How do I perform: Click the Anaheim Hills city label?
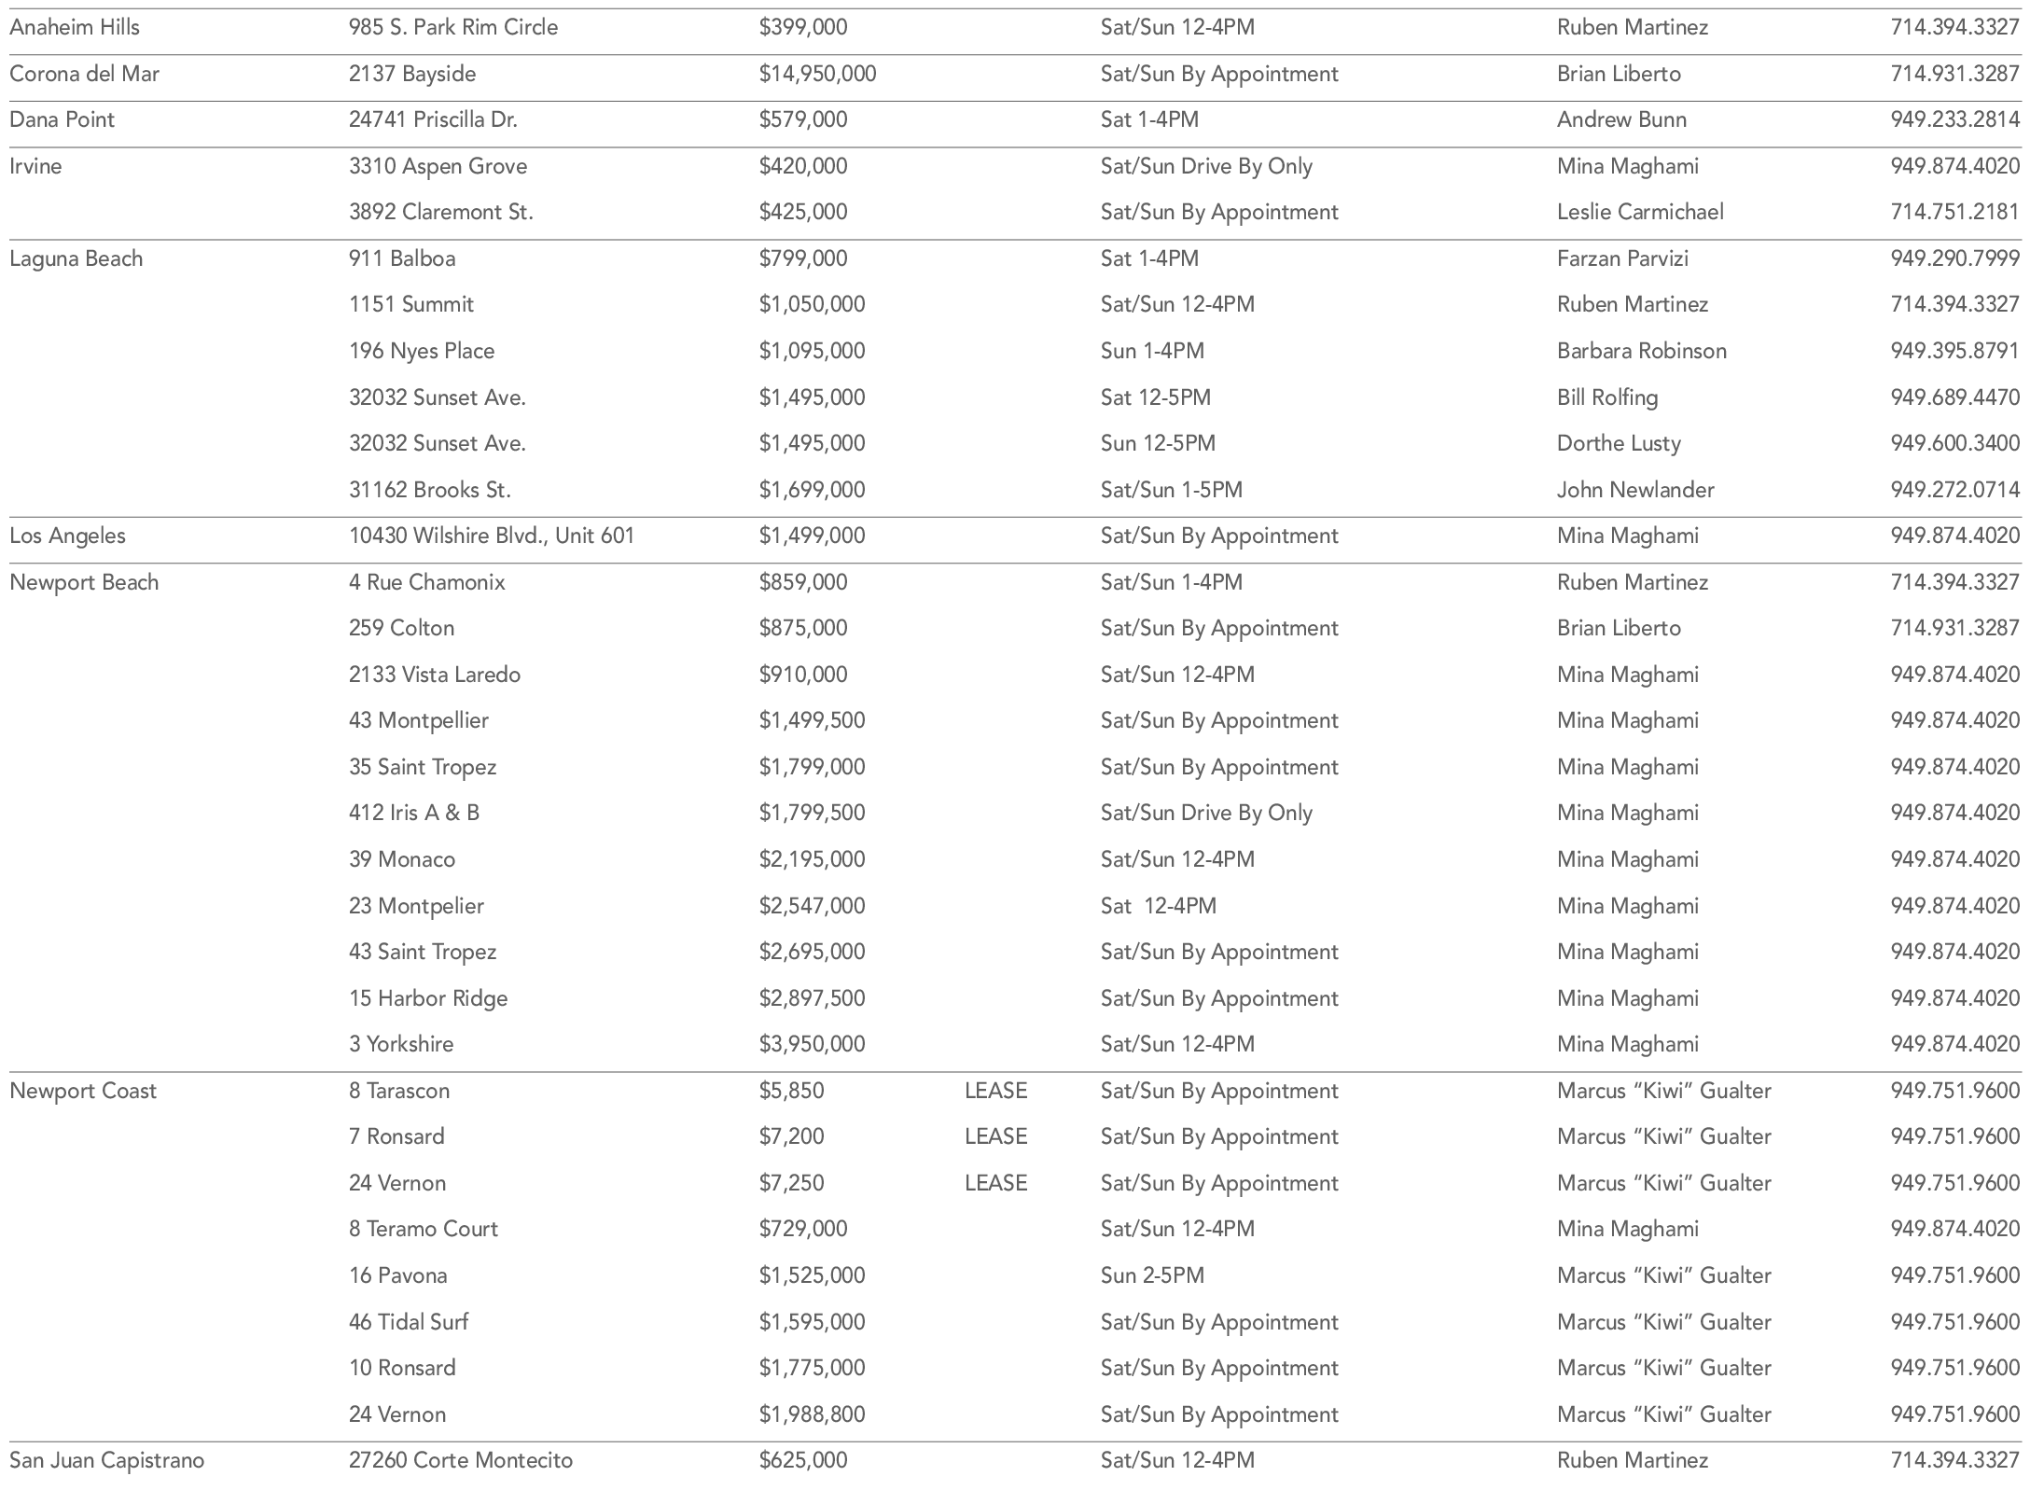point(75,27)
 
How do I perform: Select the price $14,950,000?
point(817,74)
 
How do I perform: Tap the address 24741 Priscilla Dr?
point(433,119)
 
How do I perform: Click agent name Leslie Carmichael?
point(1639,212)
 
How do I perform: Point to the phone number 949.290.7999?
point(1954,258)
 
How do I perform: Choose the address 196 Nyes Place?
point(422,351)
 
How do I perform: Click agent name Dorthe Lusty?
point(1619,443)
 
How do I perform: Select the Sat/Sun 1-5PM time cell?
point(1171,490)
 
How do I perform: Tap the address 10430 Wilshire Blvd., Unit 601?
point(492,536)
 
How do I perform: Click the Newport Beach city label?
point(84,582)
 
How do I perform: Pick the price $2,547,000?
point(812,906)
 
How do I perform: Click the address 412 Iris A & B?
point(414,813)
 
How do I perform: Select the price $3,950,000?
point(812,1044)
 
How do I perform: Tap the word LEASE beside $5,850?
point(995,1091)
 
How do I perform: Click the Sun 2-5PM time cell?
point(1152,1275)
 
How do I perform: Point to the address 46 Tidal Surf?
point(409,1322)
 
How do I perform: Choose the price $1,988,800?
point(812,1414)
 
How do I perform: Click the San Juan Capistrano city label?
point(106,1460)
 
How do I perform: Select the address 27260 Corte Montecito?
point(461,1460)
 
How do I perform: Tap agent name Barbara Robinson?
point(1641,351)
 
